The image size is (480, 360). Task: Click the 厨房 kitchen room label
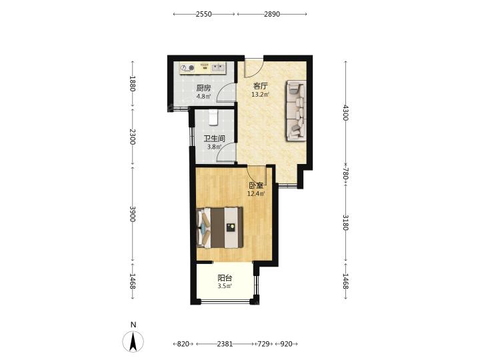[x=203, y=89]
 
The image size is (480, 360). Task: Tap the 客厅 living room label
[x=261, y=86]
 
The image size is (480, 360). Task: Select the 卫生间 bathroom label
[x=215, y=139]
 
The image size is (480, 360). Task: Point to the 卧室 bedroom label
[x=256, y=185]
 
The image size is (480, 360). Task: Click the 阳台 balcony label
[x=225, y=278]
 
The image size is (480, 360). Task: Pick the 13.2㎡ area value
[x=260, y=94]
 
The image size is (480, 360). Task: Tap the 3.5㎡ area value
[x=225, y=286]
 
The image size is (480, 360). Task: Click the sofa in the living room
[x=296, y=111]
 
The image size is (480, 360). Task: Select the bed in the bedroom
[x=220, y=227]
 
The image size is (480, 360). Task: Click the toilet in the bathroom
[x=213, y=117]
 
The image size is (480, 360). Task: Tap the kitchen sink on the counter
[x=218, y=67]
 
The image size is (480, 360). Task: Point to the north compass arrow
[x=133, y=341]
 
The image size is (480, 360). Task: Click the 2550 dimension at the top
[x=204, y=14]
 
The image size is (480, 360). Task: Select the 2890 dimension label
[x=272, y=14]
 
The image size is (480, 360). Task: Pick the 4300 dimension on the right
[x=345, y=113]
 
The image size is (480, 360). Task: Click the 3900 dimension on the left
[x=133, y=214]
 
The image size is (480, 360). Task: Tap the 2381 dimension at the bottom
[x=225, y=344]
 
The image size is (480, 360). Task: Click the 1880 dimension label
[x=133, y=83]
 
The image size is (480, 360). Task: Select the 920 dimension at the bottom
[x=286, y=344]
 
